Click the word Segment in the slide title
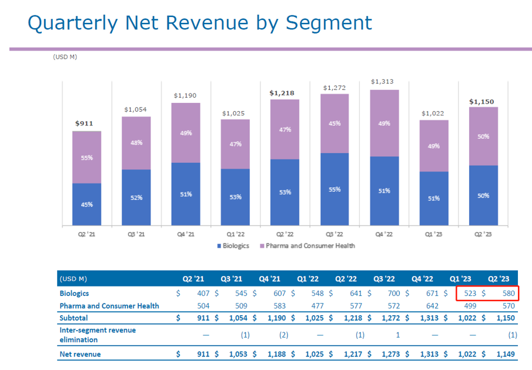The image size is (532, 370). click(329, 22)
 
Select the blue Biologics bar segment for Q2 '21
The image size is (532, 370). click(86, 204)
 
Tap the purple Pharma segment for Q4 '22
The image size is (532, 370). click(384, 123)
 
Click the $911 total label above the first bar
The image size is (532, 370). click(86, 124)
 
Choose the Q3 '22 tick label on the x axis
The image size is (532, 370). click(334, 234)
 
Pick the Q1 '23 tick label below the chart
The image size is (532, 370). click(434, 234)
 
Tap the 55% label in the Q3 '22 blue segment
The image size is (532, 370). click(334, 189)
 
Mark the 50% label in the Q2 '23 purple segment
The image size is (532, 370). click(483, 136)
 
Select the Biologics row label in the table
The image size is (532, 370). click(74, 293)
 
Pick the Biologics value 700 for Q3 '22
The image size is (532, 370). click(393, 293)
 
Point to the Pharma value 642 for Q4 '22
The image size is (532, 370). click(431, 305)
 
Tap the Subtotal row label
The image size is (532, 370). click(73, 318)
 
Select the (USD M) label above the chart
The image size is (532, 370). click(65, 57)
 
